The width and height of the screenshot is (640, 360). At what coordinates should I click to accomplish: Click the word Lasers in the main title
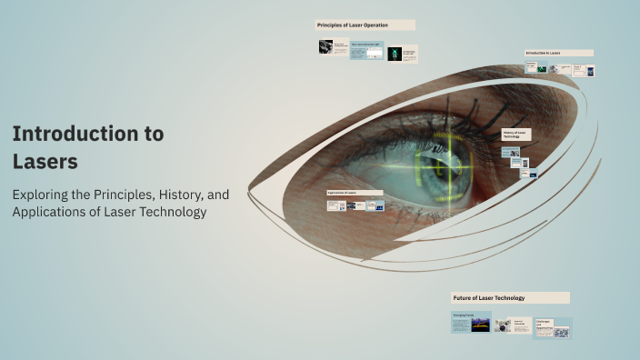pos(45,162)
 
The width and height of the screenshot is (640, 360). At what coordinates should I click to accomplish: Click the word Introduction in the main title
pos(69,134)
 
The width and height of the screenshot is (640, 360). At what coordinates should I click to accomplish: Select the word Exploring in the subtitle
pos(43,194)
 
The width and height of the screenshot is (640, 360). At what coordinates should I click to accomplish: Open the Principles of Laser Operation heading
pos(365,25)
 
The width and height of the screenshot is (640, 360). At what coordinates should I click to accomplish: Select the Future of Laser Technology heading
pos(510,297)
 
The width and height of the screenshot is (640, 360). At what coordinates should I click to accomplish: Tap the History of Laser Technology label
pos(515,135)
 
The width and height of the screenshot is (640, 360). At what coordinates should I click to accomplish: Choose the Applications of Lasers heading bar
pos(355,194)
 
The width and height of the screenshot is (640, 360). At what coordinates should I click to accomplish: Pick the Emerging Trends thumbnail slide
pos(472,322)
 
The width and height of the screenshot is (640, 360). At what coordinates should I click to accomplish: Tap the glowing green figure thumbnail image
pos(395,55)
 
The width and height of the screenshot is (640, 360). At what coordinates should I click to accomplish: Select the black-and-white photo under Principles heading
pos(325,46)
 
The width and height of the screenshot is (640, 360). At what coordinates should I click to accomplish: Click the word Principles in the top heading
pos(331,25)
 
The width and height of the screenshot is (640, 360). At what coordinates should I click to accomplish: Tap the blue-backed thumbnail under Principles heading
pos(366,52)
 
